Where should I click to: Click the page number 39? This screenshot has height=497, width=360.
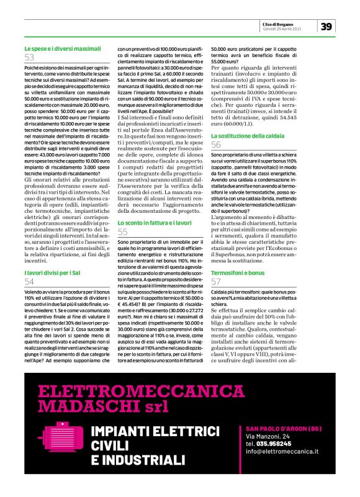pyautogui.click(x=327, y=25)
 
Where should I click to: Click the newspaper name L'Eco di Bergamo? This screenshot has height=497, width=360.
pyautogui.click(x=297, y=23)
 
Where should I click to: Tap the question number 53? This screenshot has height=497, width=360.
pyautogui.click(x=30, y=57)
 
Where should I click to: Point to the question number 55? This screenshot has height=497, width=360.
pyautogui.click(x=123, y=231)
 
